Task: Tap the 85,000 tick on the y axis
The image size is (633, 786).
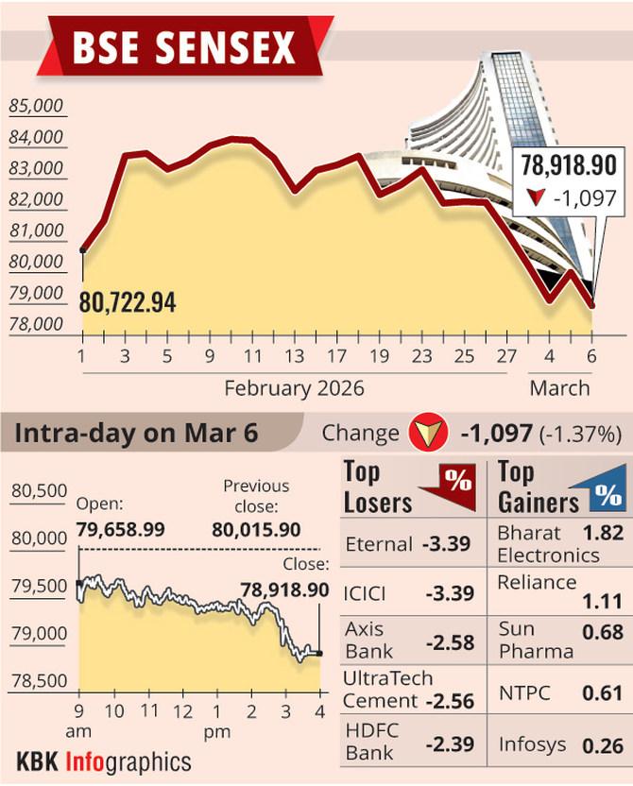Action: pyautogui.click(x=36, y=106)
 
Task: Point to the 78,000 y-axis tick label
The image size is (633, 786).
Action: pyautogui.click(x=36, y=324)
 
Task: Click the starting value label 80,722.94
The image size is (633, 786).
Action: pyautogui.click(x=128, y=303)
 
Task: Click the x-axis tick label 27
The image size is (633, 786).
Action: pyautogui.click(x=506, y=356)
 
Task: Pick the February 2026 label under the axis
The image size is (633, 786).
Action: pyautogui.click(x=294, y=388)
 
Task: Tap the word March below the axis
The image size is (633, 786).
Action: pyautogui.click(x=559, y=388)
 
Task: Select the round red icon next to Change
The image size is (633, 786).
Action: pyautogui.click(x=428, y=434)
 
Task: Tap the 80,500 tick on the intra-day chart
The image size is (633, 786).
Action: pyautogui.click(x=41, y=490)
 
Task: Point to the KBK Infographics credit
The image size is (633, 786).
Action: pyautogui.click(x=104, y=761)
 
